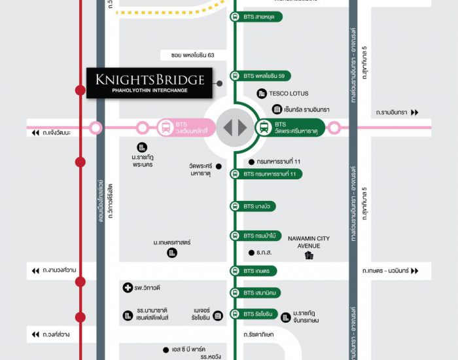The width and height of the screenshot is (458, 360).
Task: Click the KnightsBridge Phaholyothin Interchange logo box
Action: tap(150, 82)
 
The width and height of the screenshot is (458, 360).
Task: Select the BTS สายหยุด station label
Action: tap(258, 17)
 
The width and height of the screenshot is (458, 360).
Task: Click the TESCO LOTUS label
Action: tap(288, 94)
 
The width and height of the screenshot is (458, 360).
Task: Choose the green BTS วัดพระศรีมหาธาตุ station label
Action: tap(291, 128)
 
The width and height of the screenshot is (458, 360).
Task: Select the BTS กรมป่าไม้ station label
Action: tap(260, 236)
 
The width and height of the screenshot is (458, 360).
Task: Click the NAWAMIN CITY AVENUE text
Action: tap(309, 242)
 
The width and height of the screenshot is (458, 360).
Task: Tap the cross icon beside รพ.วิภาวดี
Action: tap(128, 288)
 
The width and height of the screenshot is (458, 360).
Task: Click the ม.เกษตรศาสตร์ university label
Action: tap(172, 243)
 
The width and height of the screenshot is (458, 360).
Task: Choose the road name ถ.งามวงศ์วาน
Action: tap(59, 270)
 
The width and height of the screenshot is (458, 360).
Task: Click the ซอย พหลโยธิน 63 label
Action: tap(188, 55)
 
